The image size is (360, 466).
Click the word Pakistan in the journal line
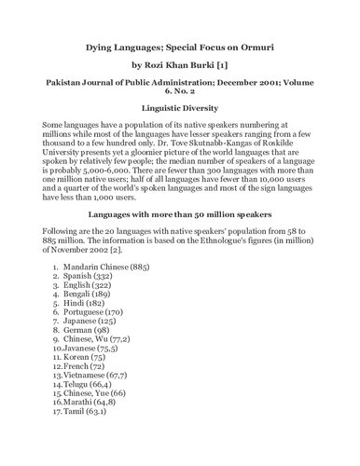64,90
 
